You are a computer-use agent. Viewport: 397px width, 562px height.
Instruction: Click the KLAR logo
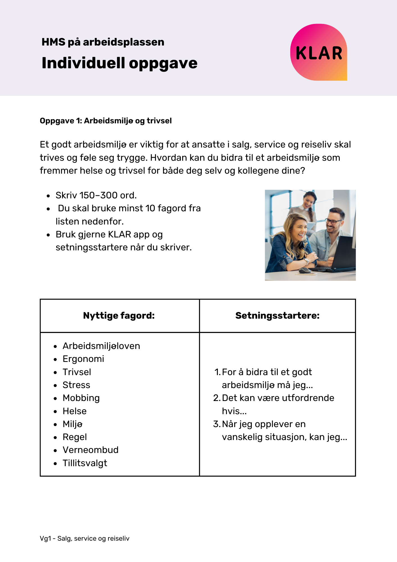319,53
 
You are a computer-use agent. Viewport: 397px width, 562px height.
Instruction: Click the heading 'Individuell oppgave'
119,63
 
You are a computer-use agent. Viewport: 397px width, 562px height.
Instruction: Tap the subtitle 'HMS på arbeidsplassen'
103,42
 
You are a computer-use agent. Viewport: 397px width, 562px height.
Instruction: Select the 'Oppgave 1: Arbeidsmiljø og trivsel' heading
106,121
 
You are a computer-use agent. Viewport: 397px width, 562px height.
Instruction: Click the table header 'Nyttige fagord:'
119,316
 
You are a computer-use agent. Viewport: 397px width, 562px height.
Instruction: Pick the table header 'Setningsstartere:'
277,316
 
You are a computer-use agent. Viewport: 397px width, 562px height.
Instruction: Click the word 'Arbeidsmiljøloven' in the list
101,346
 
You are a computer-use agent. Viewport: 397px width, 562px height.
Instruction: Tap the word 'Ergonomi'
83,359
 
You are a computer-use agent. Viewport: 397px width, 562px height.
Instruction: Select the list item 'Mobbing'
81,398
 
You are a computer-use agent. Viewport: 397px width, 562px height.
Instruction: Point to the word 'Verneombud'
90,450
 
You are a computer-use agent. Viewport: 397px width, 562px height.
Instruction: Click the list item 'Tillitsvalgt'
85,463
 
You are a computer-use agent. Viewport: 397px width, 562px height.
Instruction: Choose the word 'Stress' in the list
76,385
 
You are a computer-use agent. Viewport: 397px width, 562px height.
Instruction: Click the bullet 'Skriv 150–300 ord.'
96,195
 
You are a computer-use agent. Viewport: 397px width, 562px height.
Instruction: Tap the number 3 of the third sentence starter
216,424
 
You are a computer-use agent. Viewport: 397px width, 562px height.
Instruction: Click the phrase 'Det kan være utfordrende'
278,398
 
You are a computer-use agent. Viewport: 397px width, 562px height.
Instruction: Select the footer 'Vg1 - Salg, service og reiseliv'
85,539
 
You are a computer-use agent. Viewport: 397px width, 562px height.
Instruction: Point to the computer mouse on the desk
304,271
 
